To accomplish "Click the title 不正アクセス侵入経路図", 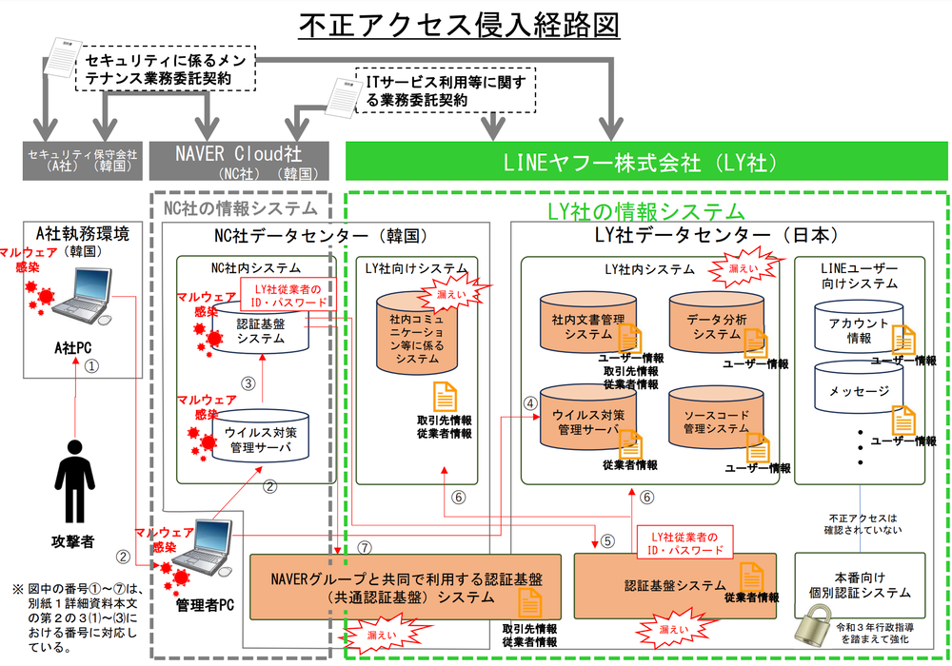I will [x=459, y=26].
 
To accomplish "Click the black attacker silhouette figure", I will [x=74, y=486].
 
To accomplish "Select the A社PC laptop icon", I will [x=80, y=298].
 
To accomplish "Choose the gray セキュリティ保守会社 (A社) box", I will [x=80, y=163].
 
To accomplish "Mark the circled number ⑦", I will [x=366, y=549].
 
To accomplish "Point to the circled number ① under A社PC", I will [x=91, y=364].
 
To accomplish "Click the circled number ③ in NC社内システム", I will [x=248, y=383].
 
